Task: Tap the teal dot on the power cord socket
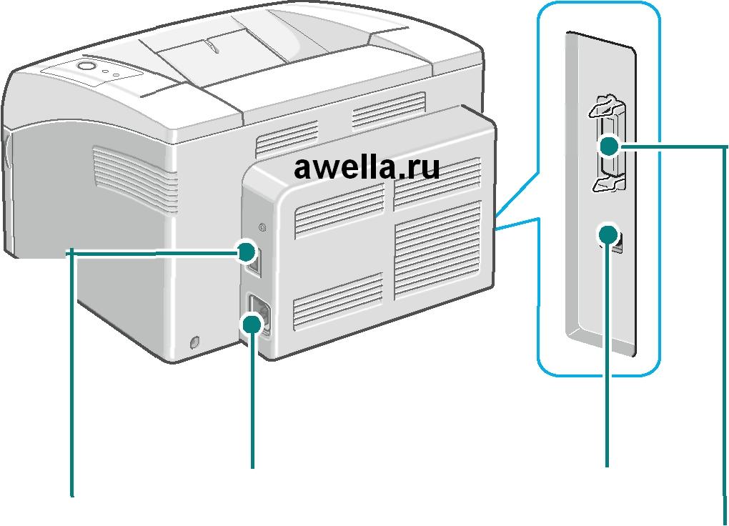(x=252, y=325)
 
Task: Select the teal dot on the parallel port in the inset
(x=609, y=147)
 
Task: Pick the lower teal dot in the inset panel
(x=608, y=234)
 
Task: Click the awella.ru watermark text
(x=367, y=169)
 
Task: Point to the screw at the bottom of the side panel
(x=194, y=344)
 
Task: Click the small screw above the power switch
(x=261, y=229)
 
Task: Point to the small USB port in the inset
(x=618, y=243)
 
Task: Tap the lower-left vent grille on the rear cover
(x=337, y=300)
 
